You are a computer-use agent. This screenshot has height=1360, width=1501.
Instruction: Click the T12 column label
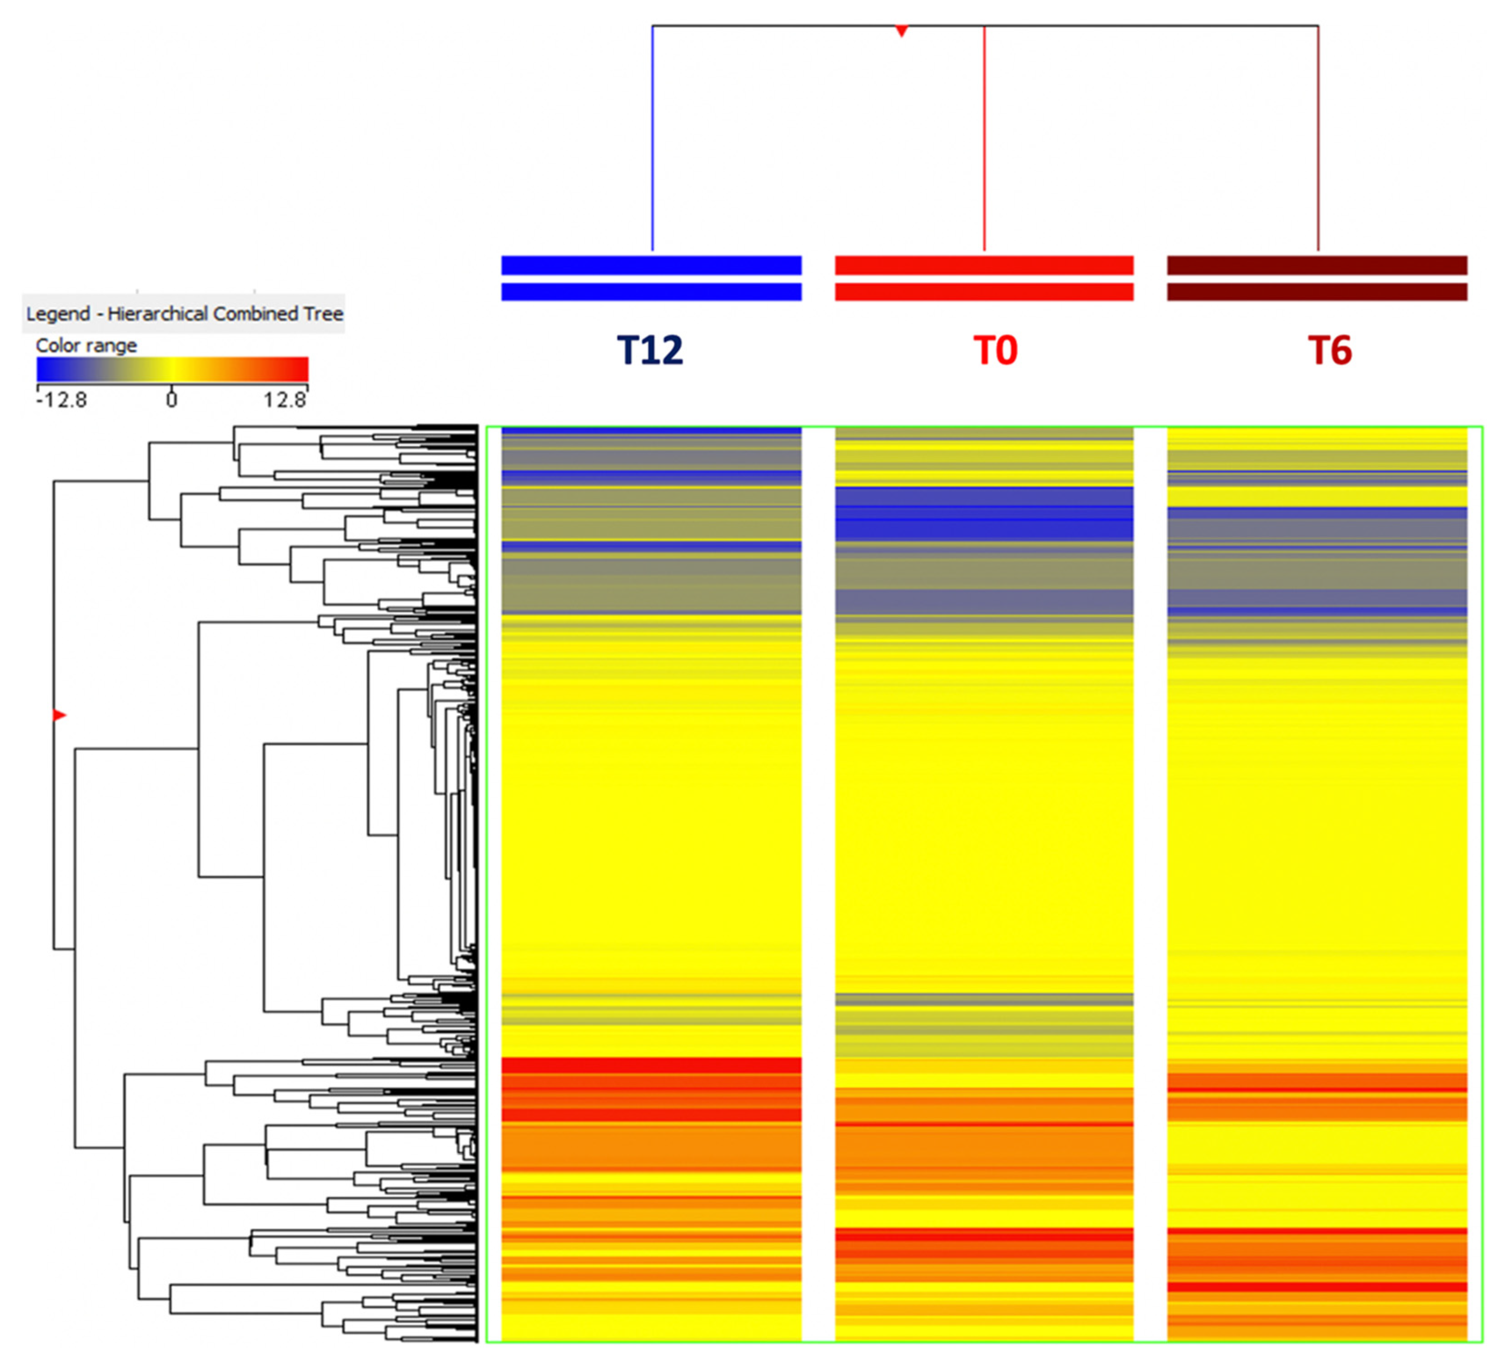tap(649, 350)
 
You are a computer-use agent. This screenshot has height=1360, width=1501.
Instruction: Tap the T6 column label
tap(1329, 350)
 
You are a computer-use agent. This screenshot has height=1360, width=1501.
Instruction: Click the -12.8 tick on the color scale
tap(61, 400)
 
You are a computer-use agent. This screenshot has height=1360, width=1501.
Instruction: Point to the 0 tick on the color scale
tap(172, 400)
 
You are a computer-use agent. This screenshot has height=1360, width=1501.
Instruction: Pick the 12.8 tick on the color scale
tap(284, 400)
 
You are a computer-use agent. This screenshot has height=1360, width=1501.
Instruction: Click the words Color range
tap(86, 345)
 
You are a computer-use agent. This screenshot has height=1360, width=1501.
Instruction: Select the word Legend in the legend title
tap(58, 314)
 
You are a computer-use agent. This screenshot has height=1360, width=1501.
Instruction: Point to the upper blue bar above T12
tap(652, 265)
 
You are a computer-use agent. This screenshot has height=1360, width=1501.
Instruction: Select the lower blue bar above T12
tap(652, 292)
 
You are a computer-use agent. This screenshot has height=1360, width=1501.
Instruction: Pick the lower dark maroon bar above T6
tap(1316, 292)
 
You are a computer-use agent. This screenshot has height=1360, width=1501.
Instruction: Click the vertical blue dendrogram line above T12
tap(653, 141)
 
